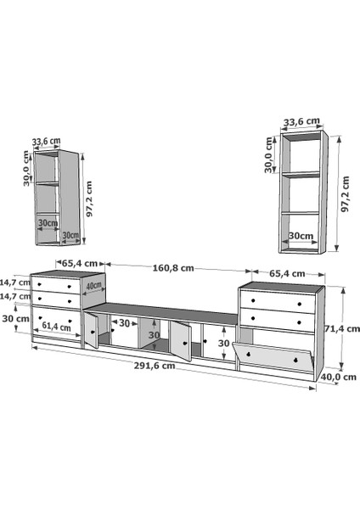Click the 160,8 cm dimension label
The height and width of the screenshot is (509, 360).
tap(173, 268)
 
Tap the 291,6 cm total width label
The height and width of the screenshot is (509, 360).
tap(155, 366)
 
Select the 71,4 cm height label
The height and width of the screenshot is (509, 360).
tap(342, 329)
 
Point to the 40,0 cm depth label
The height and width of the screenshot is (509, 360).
tap(339, 377)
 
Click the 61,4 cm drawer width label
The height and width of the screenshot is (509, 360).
tap(56, 327)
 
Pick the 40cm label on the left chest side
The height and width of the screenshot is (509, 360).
tap(94, 287)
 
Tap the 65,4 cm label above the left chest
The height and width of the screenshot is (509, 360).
tap(80, 263)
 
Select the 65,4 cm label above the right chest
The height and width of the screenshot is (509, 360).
tap(287, 274)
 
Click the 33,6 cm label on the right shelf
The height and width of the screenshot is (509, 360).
tap(302, 121)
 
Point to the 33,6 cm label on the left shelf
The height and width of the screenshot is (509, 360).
tap(46, 142)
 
